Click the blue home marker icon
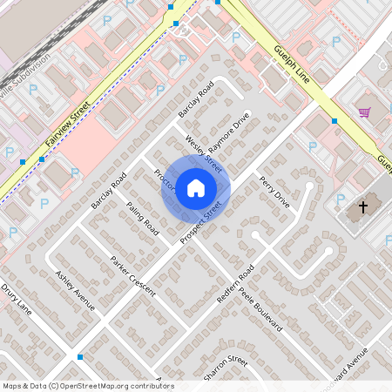pos(196,187)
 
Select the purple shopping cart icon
pos(364,112)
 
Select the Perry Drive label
pos(274,191)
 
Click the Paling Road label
pos(142,217)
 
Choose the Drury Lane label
pos(16,301)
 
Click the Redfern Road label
pos(234,282)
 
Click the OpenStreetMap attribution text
pos(88,386)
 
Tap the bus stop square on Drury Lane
pos(80,357)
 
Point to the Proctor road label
pos(164,179)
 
